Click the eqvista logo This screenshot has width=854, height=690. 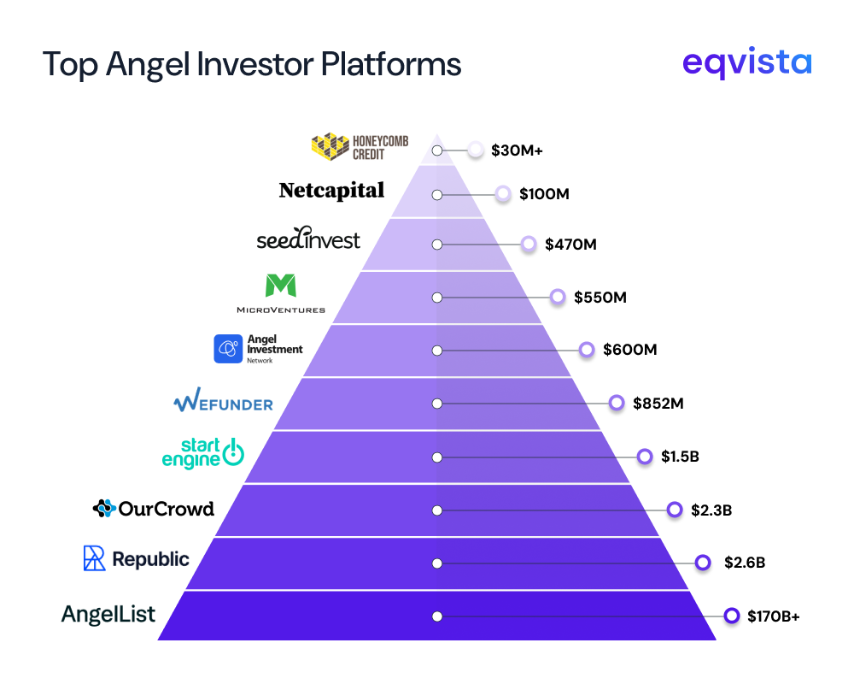(747, 64)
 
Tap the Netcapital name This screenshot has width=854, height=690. (331, 191)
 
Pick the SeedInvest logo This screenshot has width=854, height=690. (308, 240)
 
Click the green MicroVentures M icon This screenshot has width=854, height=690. (281, 286)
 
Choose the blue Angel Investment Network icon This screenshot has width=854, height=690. (228, 349)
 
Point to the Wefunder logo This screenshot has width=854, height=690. (223, 402)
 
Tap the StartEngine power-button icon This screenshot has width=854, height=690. (233, 454)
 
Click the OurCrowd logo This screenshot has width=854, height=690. (153, 509)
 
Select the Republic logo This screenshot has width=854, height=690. (136, 559)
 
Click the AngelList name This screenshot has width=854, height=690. (108, 614)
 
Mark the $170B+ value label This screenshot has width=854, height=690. (774, 616)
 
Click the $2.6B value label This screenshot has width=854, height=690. (745, 563)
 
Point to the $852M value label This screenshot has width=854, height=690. (658, 403)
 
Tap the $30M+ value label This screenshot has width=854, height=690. (518, 150)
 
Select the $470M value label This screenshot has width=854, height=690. (570, 245)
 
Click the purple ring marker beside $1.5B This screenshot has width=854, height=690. (646, 457)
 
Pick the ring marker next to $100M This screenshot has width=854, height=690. (503, 194)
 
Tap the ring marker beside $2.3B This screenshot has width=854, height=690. (675, 510)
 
